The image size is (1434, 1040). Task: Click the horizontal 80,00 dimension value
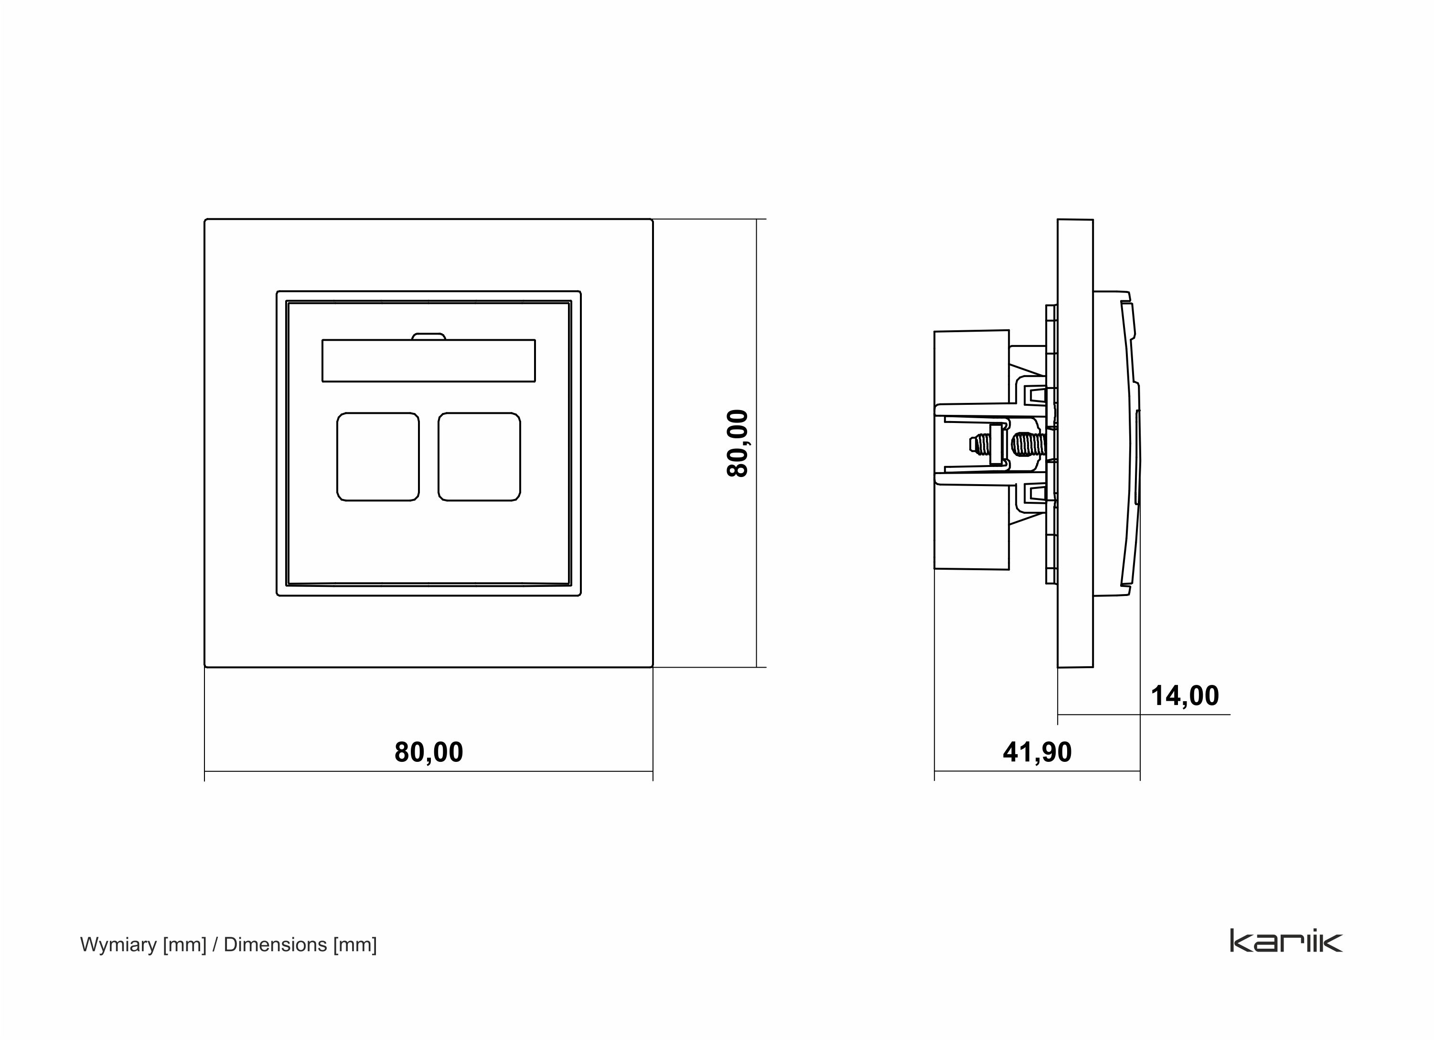pyautogui.click(x=428, y=752)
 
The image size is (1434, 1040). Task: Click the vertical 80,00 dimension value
pyautogui.click(x=737, y=443)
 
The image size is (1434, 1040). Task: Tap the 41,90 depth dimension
pyautogui.click(x=1037, y=752)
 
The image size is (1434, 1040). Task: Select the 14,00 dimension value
pyautogui.click(x=1184, y=696)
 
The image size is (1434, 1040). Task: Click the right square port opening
pyautogui.click(x=479, y=457)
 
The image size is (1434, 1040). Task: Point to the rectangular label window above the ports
pyautogui.click(x=428, y=360)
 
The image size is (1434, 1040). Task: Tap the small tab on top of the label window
pyautogui.click(x=428, y=336)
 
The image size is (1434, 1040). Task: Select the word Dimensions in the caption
pyautogui.click(x=275, y=944)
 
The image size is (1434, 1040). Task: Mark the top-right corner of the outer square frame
pyautogui.click(x=652, y=220)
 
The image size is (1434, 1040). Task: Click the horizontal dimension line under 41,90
pyautogui.click(x=1037, y=771)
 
